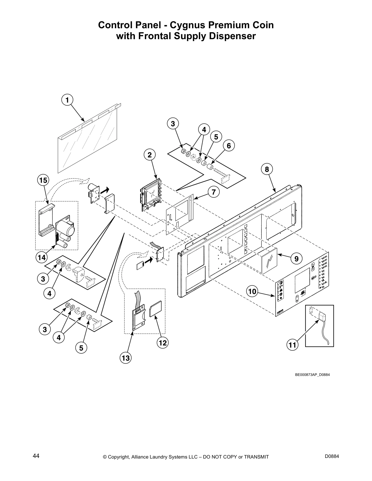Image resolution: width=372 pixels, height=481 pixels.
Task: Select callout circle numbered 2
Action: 149,155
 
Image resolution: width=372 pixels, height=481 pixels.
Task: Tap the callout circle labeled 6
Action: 229,146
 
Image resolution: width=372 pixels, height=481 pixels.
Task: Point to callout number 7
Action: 214,192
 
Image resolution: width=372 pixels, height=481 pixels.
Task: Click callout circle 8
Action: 267,169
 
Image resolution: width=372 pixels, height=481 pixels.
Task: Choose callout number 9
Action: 296,258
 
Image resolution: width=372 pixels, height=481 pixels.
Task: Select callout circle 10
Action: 252,292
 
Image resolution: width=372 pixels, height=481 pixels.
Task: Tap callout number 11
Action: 292,345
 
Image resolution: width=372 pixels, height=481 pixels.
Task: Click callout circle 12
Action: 163,343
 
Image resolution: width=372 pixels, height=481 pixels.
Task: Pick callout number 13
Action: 126,358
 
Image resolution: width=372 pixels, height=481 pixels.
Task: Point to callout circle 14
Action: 42,258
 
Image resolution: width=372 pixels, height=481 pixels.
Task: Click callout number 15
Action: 43,180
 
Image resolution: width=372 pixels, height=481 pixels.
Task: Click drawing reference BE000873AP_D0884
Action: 312,374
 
